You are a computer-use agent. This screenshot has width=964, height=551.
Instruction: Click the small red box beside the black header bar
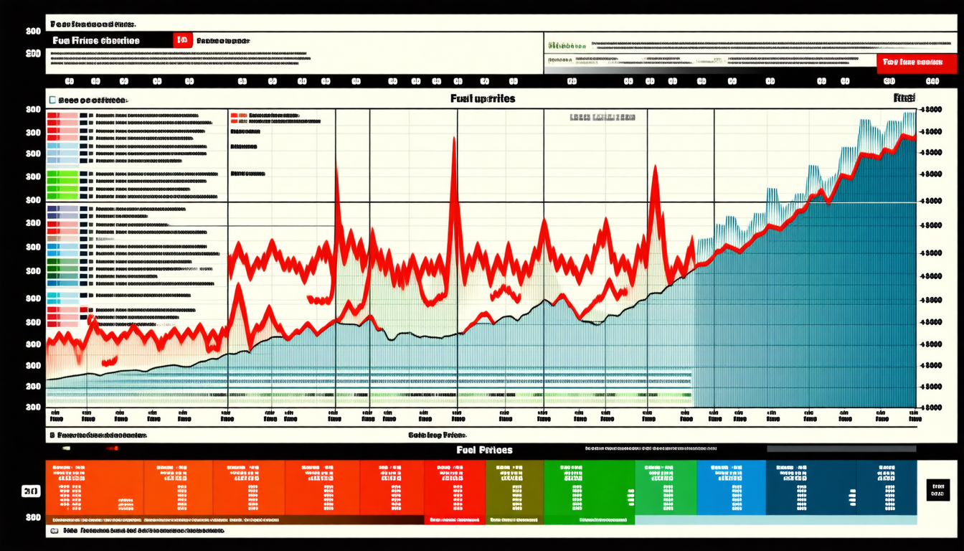pos(183,41)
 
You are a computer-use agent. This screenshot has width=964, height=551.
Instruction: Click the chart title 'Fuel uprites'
pos(483,98)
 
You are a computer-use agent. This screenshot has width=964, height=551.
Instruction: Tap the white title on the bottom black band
pos(484,450)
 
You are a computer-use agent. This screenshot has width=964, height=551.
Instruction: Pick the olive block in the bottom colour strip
pos(514,488)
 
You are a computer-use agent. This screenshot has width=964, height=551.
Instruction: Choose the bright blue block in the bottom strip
pos(731,488)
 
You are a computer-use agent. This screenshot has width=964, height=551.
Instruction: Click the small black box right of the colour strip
pos(937,490)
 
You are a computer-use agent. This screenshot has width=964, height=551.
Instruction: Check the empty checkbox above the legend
pos(52,100)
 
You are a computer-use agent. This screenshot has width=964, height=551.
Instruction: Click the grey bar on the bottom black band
pos(841,448)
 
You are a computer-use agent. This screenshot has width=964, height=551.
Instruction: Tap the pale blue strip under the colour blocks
pos(775,519)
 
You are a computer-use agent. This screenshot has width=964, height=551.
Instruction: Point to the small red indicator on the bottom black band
pos(111,448)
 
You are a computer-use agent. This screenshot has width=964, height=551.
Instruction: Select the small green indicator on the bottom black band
pos(66,448)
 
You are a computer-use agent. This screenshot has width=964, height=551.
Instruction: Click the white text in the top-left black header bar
pos(96,41)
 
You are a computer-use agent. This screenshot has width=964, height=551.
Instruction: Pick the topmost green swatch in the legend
pos(62,174)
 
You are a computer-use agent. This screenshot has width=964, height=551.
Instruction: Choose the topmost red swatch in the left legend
pos(62,115)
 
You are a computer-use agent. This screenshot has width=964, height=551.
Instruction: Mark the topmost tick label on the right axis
pos(930,110)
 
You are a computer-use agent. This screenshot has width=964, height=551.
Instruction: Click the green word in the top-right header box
pos(567,45)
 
